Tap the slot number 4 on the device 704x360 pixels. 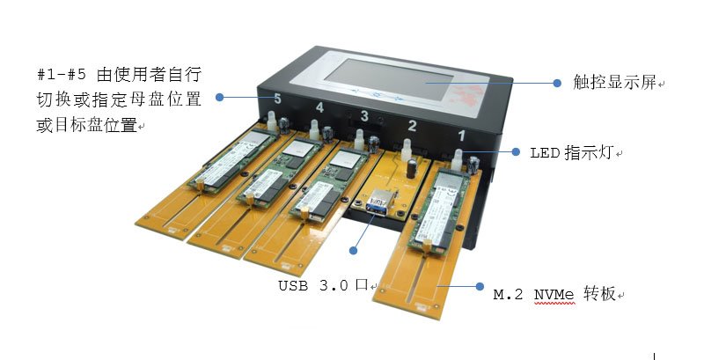[x=319, y=107]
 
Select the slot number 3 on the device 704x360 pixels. [x=363, y=115]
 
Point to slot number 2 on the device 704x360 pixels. [x=411, y=125]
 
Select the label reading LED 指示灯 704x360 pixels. [x=576, y=152]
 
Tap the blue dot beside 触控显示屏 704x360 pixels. [x=556, y=83]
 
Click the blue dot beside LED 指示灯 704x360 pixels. [x=517, y=151]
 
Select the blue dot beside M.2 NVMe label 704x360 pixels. [x=480, y=286]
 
